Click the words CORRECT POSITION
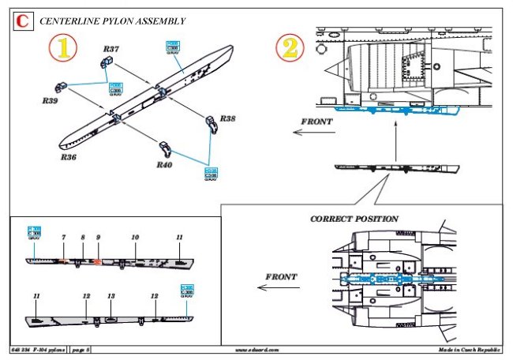pyautogui.click(x=354, y=219)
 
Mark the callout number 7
pyautogui.click(x=63, y=238)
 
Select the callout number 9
pyautogui.click(x=98, y=238)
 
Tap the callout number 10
pyautogui.click(x=135, y=238)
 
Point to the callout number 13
pyautogui.click(x=111, y=296)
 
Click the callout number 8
pyautogui.click(x=82, y=238)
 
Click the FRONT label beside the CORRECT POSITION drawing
pyautogui.click(x=282, y=277)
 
